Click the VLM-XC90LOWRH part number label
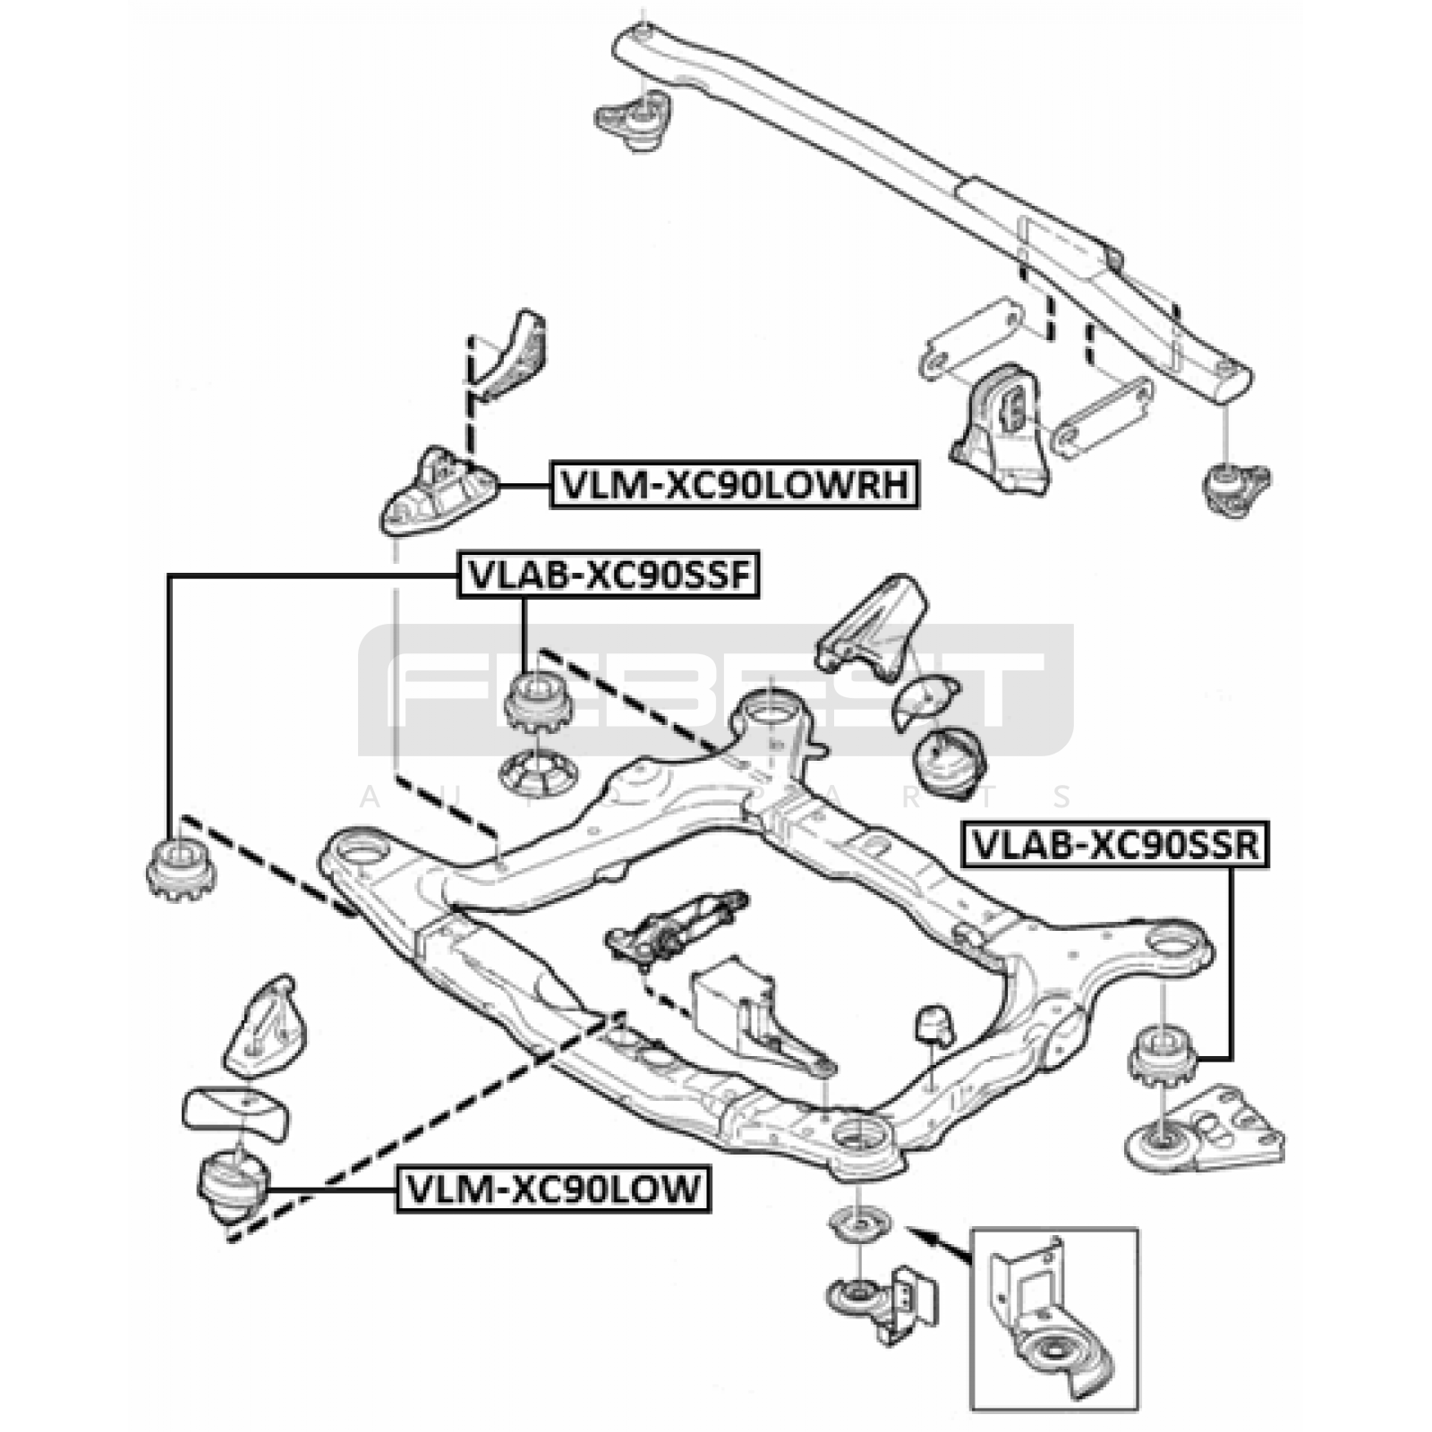click(735, 484)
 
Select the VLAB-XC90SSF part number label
click(609, 575)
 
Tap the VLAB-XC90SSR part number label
click(1115, 844)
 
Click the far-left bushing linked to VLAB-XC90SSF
click(181, 868)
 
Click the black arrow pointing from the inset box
click(939, 1245)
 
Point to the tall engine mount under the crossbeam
click(999, 430)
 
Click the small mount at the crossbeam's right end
click(1235, 489)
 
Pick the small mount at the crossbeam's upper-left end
click(633, 121)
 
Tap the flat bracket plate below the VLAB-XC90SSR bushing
click(1204, 1130)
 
